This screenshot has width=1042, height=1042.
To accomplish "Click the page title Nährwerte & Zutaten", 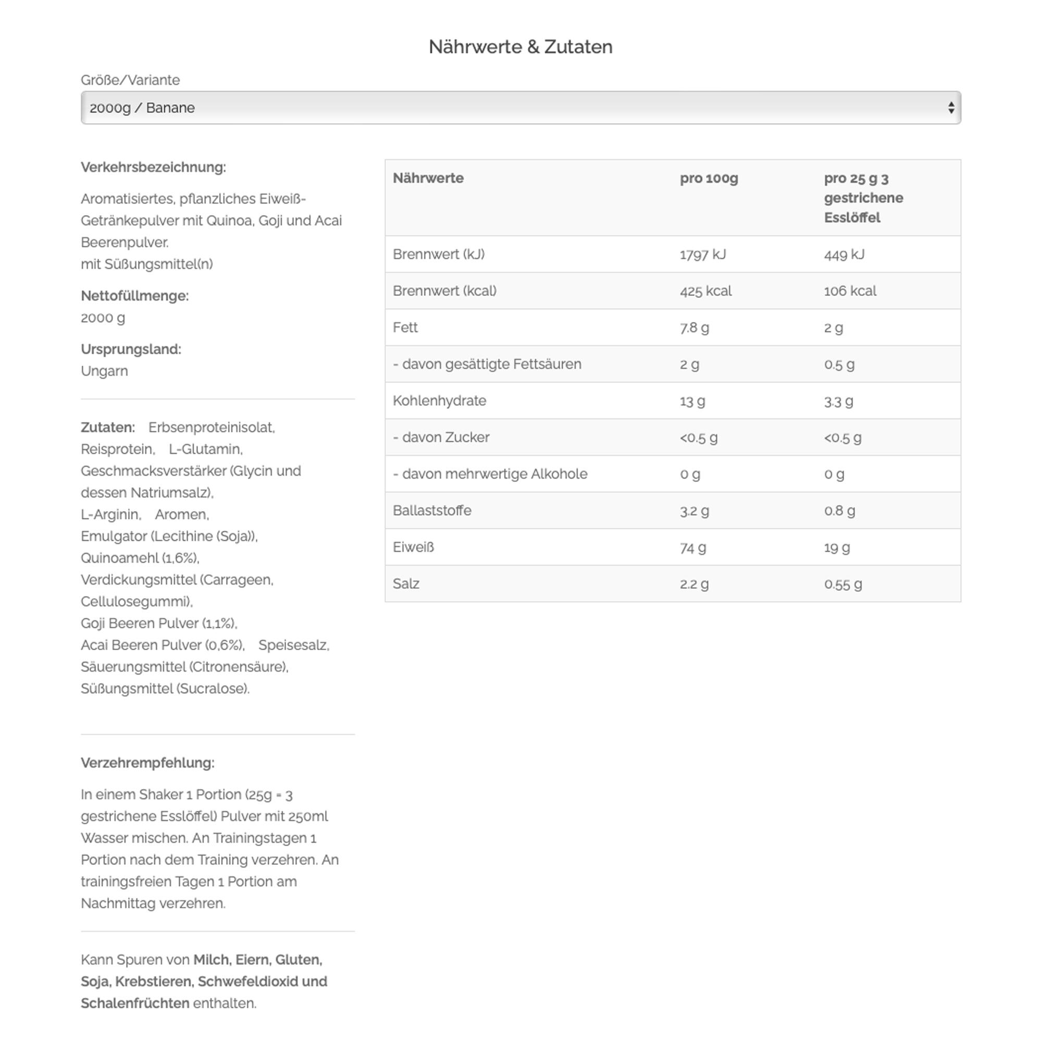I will (x=520, y=47).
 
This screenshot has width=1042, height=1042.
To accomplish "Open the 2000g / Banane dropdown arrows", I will (x=951, y=108).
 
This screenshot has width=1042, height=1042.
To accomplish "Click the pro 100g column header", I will (x=709, y=179).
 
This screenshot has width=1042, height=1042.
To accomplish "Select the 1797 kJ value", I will (x=703, y=255).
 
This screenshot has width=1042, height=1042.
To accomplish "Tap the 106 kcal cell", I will (x=850, y=291).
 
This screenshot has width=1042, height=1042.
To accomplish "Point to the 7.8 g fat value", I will (x=694, y=328).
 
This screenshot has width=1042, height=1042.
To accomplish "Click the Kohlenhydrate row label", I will (x=439, y=401).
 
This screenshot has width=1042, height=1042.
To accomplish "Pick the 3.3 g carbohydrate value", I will (x=838, y=401).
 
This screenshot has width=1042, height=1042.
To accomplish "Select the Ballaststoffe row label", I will (x=431, y=511).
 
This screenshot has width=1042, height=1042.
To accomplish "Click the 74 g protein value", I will (x=692, y=548).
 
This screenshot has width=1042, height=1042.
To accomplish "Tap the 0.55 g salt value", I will (x=842, y=584).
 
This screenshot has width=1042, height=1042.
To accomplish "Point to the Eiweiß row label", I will (x=413, y=548).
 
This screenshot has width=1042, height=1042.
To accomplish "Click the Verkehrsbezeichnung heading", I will (x=153, y=168).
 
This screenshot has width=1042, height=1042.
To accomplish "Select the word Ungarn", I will (x=104, y=371).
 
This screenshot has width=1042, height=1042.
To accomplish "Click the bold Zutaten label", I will (x=107, y=428).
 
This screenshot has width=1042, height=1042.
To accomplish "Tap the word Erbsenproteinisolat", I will (x=212, y=428).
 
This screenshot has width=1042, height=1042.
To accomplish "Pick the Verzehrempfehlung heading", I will (x=147, y=763).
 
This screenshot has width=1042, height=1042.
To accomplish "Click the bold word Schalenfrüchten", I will (x=135, y=1003).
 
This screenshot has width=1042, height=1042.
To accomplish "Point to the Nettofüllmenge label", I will (x=134, y=296).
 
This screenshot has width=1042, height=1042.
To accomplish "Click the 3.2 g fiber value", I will (x=694, y=511).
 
